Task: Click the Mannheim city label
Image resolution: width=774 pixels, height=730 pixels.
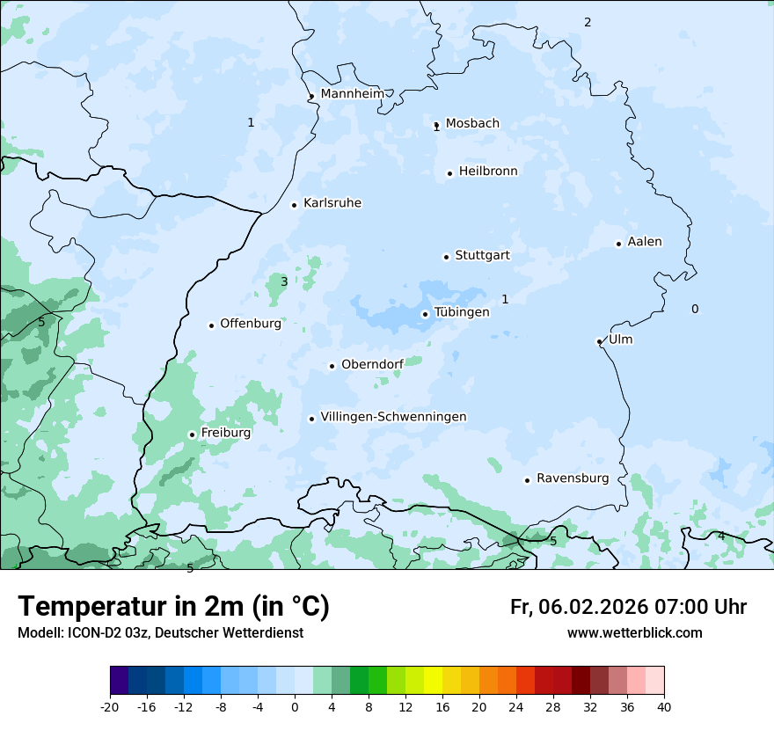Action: click(352, 93)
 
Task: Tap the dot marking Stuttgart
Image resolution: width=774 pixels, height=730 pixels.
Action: click(446, 257)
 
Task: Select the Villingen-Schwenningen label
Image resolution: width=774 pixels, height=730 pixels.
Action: click(393, 417)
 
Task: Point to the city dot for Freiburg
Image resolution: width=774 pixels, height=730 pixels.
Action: click(192, 434)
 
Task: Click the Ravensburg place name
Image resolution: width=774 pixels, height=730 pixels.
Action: click(573, 478)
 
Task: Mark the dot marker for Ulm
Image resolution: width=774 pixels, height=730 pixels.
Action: click(599, 341)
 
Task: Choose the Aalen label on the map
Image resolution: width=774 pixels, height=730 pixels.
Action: click(645, 242)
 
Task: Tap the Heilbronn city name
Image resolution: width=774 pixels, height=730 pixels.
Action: click(488, 172)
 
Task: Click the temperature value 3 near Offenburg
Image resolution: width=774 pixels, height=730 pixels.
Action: click(284, 281)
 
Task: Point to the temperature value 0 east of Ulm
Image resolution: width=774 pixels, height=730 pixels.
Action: click(695, 309)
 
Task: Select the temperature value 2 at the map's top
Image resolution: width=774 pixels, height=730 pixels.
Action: click(588, 22)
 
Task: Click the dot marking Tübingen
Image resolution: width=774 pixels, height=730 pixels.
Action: click(425, 314)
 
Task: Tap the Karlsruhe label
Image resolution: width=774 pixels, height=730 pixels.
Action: click(332, 203)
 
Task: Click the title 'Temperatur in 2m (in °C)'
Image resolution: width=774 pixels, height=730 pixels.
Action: click(173, 607)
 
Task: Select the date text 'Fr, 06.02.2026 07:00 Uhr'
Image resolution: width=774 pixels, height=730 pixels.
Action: click(628, 607)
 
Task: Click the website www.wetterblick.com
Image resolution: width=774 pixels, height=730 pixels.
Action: click(634, 633)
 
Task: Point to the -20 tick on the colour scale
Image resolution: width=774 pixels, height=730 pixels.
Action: click(110, 706)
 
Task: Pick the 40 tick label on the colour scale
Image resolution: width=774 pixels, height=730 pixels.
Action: click(664, 706)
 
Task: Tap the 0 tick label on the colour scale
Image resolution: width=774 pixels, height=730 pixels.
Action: click(295, 706)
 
